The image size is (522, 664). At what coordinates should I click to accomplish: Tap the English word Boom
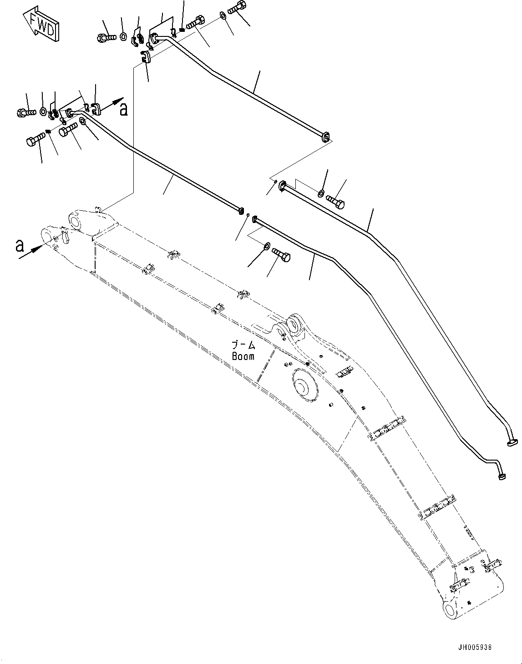(x=243, y=357)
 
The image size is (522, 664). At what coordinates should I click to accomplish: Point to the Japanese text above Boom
(x=243, y=346)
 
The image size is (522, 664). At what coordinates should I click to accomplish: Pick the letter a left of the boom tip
(x=19, y=246)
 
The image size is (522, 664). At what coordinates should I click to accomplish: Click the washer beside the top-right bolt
(x=223, y=15)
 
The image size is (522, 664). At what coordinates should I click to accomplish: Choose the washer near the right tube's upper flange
(x=321, y=193)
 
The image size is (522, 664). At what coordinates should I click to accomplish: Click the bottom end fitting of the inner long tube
(x=502, y=476)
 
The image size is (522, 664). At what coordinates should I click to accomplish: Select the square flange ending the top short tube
(x=325, y=137)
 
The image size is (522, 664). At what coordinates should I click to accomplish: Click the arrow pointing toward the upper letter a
(x=111, y=102)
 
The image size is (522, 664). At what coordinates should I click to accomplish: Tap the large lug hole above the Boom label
(x=296, y=324)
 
